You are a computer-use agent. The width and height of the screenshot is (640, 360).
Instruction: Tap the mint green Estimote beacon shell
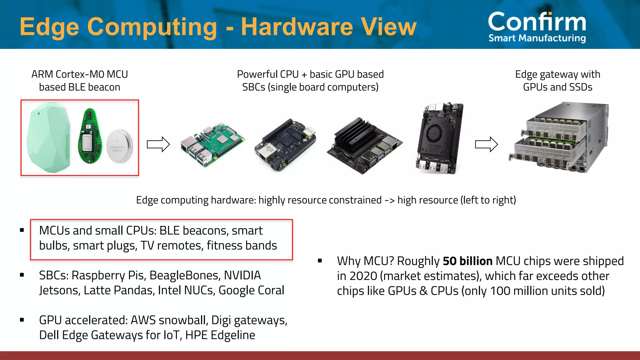48,137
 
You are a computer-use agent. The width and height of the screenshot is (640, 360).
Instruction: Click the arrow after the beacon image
158,144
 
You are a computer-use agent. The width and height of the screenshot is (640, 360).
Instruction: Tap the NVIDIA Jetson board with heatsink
364,145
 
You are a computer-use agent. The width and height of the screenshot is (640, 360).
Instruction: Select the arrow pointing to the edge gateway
486,144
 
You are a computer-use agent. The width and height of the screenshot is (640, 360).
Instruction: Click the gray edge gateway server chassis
559,137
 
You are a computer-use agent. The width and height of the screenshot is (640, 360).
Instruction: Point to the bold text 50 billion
467,261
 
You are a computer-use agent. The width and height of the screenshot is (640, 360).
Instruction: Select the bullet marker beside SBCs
22,275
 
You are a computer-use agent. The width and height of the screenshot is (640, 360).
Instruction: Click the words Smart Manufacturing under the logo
537,38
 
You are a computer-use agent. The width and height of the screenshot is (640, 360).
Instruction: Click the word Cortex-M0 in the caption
80,74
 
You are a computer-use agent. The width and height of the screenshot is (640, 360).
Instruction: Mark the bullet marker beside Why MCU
320,261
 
